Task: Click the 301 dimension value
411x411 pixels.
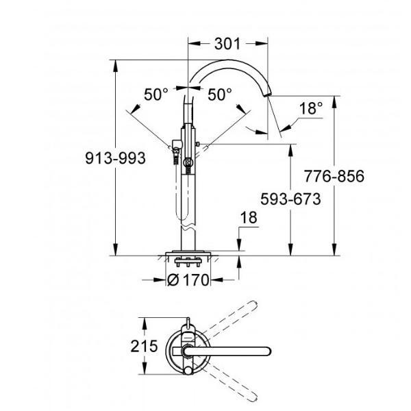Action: [226, 45]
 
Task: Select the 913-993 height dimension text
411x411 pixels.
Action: [115, 158]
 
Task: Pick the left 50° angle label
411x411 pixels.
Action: [156, 95]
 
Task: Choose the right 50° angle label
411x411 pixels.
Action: [220, 95]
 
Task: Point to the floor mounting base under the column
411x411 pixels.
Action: [188, 259]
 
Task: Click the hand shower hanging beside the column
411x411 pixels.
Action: [186, 185]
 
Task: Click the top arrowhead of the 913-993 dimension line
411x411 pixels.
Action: [116, 64]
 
